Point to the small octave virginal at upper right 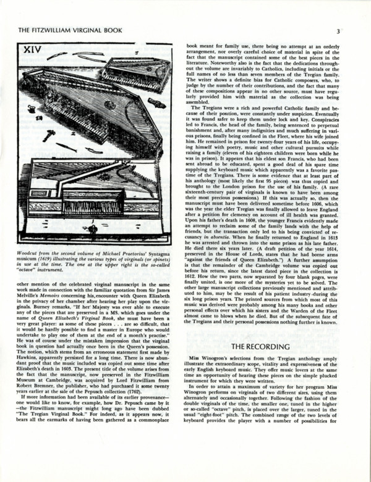coord(137,68)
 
